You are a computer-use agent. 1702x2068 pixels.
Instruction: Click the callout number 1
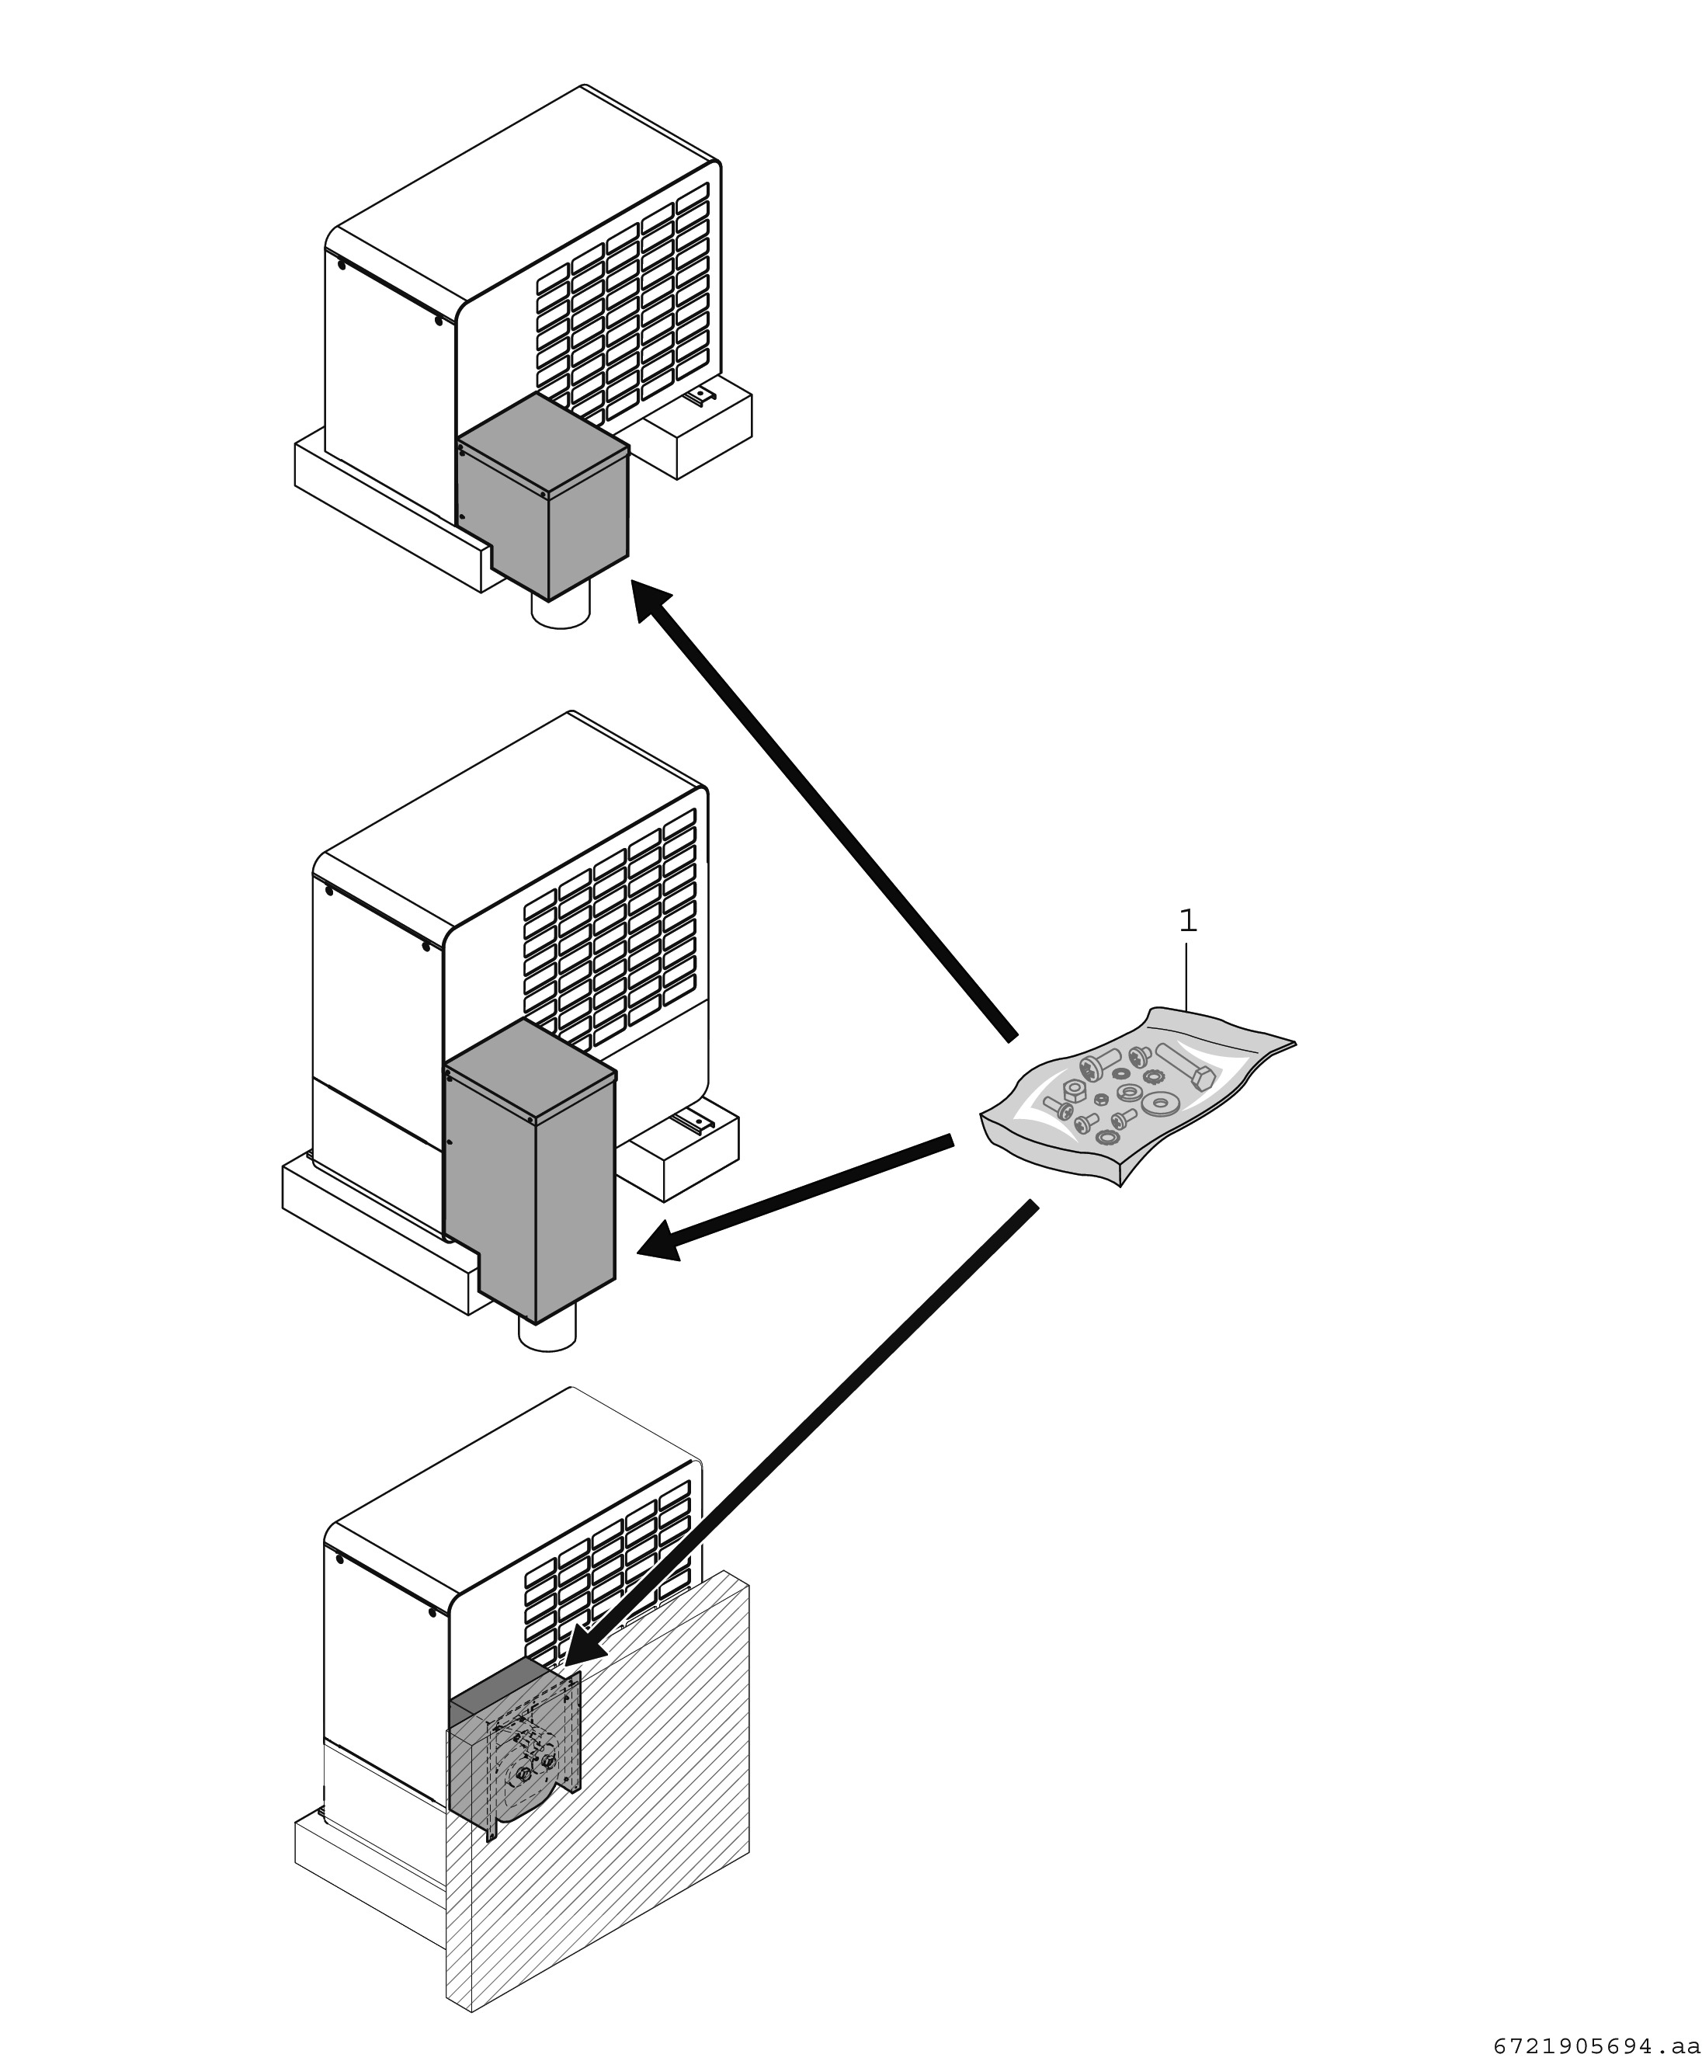pos(1187,921)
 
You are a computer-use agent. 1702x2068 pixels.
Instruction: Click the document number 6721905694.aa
pos(1596,2047)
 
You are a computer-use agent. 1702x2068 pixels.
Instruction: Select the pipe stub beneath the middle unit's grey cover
pos(547,1335)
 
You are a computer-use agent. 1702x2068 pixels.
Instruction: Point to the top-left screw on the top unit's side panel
pos(341,264)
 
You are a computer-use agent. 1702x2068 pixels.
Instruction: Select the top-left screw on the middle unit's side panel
pos(328,891)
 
